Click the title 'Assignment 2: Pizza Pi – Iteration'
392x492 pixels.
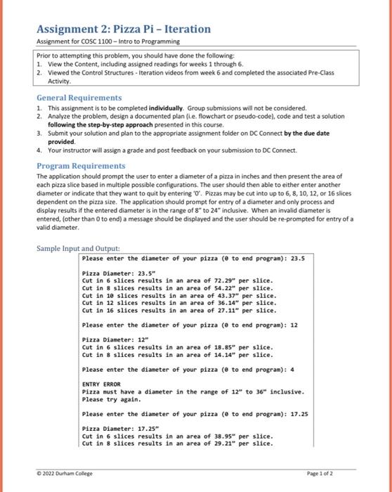(123, 29)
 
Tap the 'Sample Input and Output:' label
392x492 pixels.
(79, 248)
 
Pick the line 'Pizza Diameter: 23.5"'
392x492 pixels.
(113, 272)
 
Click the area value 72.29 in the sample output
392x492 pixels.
(223, 279)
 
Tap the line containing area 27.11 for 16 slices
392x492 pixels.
(178, 310)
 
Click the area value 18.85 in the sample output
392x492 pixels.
(223, 347)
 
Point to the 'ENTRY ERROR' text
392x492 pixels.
(102, 383)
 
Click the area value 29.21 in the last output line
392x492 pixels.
(223, 443)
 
